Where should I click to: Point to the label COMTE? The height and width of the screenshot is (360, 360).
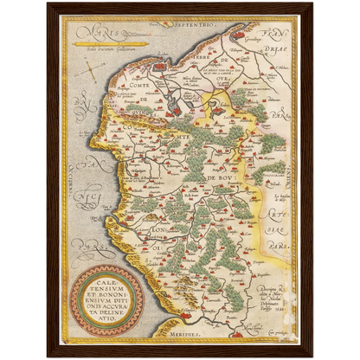(138, 86)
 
